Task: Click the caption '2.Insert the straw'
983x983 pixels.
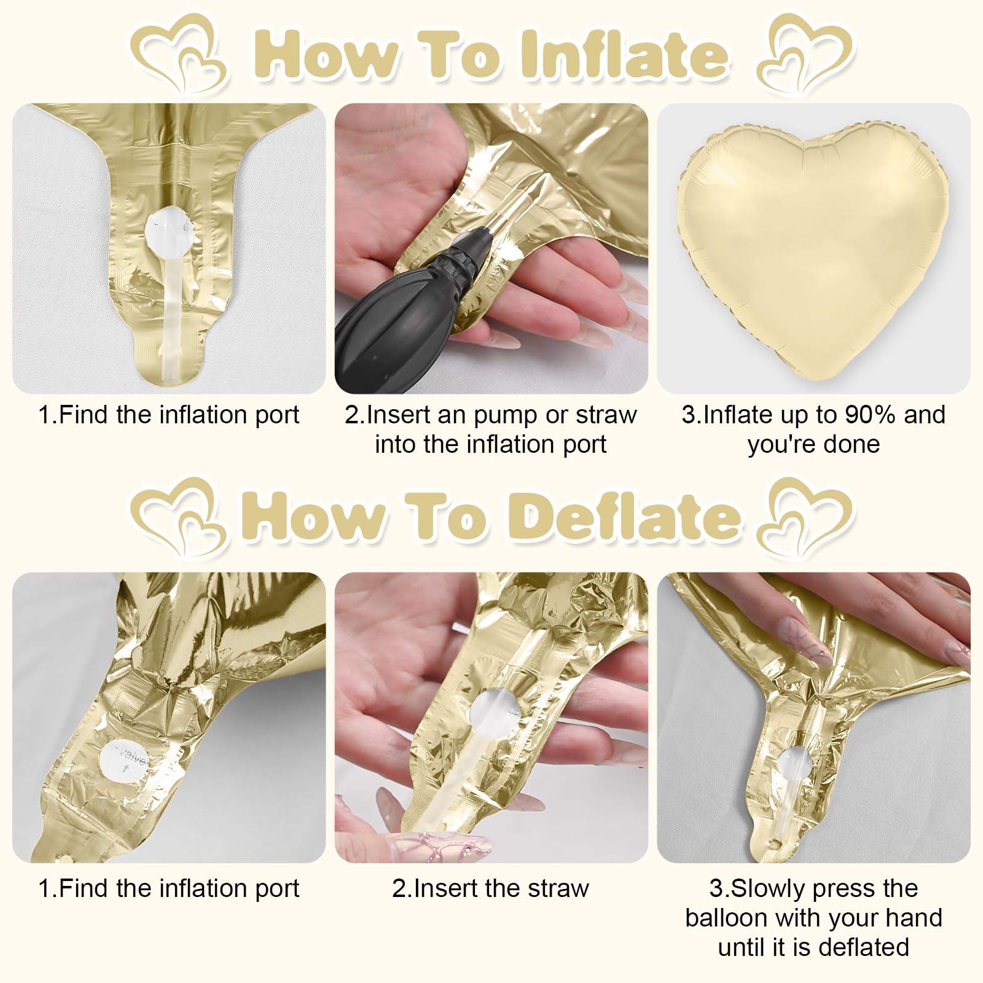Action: click(x=491, y=888)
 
